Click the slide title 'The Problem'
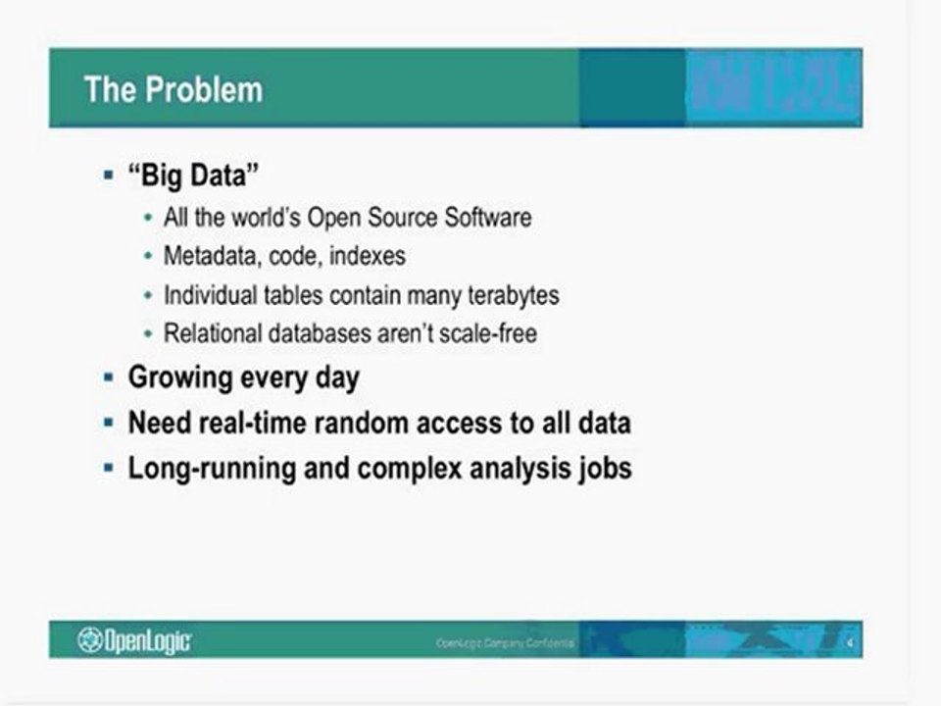pyautogui.click(x=173, y=90)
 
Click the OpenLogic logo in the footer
pyautogui.click(x=135, y=641)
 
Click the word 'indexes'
pyautogui.click(x=368, y=256)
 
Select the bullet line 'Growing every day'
pyautogui.click(x=244, y=378)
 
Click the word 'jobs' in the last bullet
pyautogui.click(x=603, y=468)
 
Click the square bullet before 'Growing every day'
pyautogui.click(x=108, y=378)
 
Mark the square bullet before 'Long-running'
pyautogui.click(x=108, y=468)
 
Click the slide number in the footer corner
pyautogui.click(x=851, y=643)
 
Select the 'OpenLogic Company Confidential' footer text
pyautogui.click(x=506, y=643)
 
